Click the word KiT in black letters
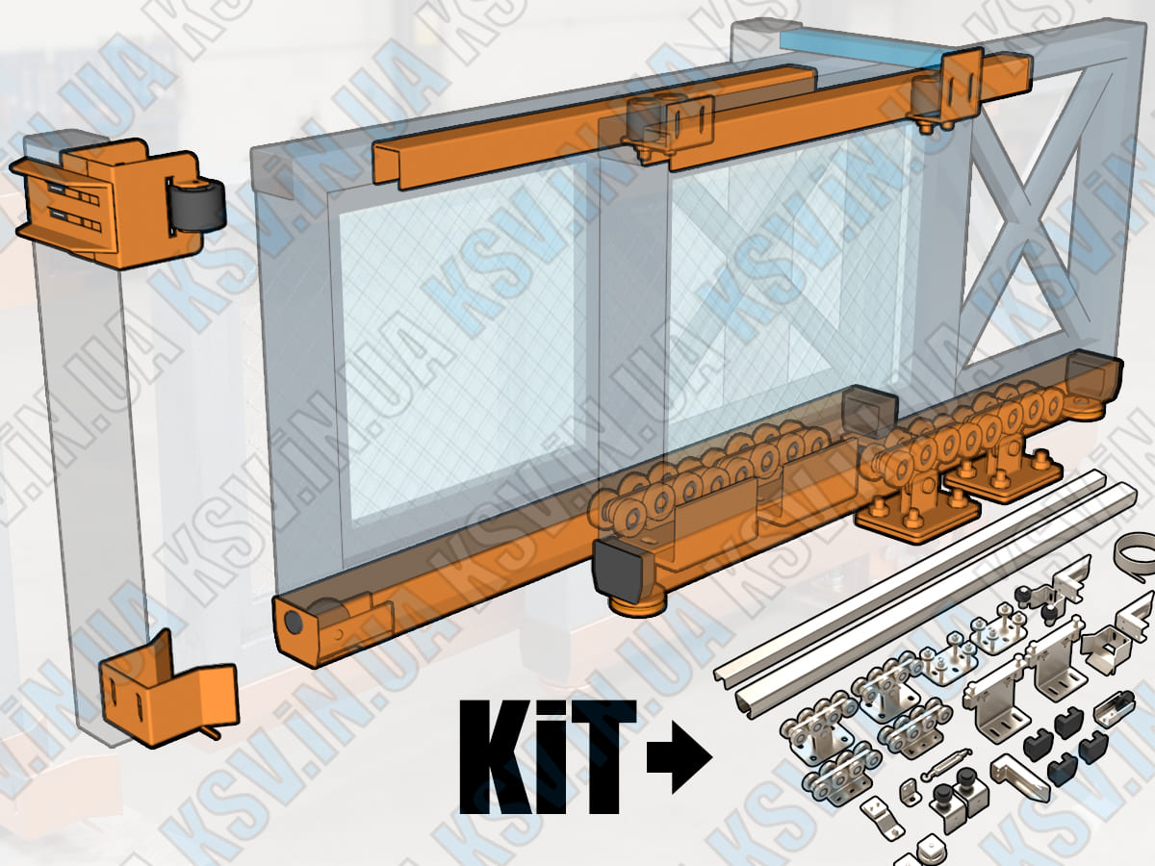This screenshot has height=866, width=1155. point(548,757)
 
